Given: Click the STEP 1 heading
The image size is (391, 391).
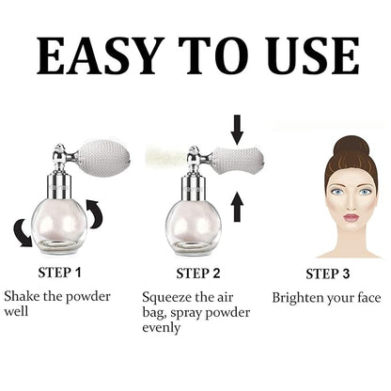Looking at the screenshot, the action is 59,273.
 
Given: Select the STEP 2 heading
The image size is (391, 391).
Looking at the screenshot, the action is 198,274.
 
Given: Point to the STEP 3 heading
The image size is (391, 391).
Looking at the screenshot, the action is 327,274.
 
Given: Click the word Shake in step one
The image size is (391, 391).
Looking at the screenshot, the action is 22,296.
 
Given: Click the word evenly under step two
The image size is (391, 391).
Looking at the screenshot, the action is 161,328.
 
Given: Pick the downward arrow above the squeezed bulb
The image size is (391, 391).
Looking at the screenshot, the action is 237,130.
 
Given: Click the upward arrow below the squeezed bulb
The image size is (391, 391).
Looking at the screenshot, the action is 237,207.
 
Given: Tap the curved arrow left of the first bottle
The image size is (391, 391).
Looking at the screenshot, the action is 23,233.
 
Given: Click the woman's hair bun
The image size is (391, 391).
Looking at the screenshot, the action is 351,148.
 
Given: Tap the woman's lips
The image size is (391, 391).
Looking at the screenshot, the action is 352,217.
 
